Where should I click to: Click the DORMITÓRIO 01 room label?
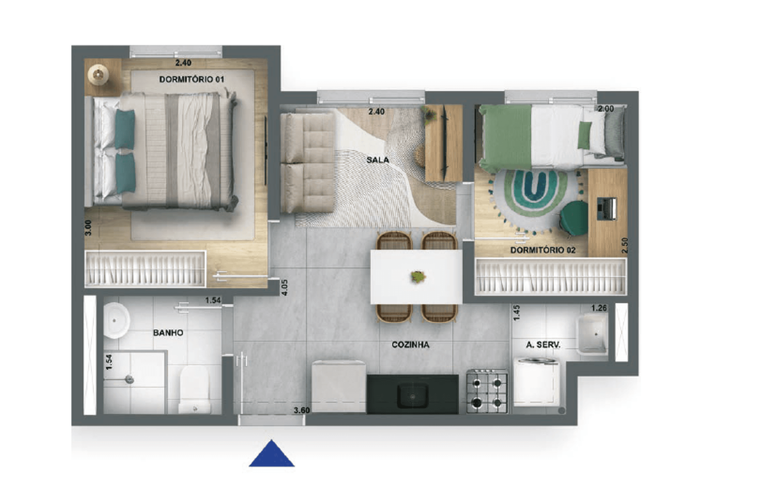tap(192, 79)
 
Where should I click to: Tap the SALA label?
tap(378, 160)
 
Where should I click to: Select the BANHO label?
tap(168, 333)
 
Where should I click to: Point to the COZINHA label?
tap(410, 345)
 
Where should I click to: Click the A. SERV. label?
tap(543, 345)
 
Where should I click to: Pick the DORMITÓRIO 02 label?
tap(543, 250)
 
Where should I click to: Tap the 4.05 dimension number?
tap(285, 287)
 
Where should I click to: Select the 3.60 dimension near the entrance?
tap(302, 411)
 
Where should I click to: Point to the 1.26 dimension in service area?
tap(599, 308)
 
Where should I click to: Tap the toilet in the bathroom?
tap(194, 389)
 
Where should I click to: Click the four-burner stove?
tap(487, 391)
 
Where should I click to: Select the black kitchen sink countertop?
tap(412, 394)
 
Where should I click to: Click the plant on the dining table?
tap(418, 276)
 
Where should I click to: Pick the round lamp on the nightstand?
tap(98, 74)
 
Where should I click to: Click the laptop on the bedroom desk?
tap(607, 209)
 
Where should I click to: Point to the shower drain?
tap(129, 379)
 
